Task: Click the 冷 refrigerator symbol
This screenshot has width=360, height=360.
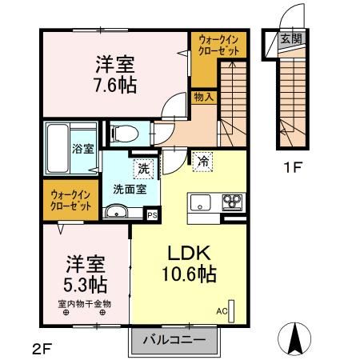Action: [203, 161]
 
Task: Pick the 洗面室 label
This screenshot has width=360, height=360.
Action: [129, 191]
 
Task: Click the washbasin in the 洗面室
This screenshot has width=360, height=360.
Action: [116, 212]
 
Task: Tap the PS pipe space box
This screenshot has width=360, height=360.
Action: [152, 214]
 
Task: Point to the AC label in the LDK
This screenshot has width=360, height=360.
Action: [222, 311]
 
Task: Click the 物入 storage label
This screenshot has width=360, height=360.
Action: [203, 97]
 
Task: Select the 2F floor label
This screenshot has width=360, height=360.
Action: [42, 348]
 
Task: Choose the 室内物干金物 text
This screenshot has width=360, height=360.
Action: [84, 303]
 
